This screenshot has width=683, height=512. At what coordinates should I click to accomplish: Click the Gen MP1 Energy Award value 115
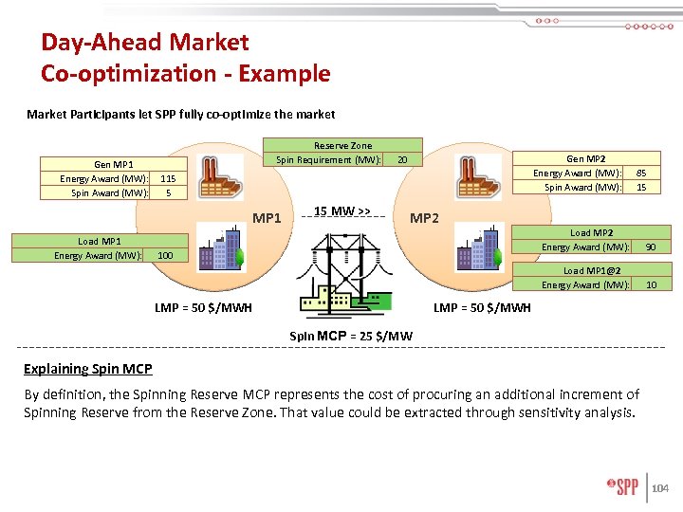(167, 178)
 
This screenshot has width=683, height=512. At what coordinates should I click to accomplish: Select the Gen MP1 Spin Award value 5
(167, 192)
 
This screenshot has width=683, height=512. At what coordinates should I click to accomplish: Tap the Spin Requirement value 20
(403, 159)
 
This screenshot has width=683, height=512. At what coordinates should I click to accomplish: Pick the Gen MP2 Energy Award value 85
(641, 173)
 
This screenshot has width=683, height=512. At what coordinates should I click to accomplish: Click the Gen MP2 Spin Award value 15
(641, 187)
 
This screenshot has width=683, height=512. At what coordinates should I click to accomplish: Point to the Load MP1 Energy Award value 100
(165, 255)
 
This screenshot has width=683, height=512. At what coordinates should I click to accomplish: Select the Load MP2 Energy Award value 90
(650, 247)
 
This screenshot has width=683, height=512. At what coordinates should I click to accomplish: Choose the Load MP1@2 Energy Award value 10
(650, 284)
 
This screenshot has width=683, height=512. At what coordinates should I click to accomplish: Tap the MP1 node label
(268, 219)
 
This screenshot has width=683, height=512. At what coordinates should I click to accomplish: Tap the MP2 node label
(424, 219)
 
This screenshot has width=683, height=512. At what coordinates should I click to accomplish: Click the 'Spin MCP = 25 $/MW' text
(350, 335)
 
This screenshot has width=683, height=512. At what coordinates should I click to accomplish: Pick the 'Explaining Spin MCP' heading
(87, 368)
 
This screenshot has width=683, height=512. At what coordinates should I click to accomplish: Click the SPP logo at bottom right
(622, 488)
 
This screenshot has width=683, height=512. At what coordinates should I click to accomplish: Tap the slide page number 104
(661, 488)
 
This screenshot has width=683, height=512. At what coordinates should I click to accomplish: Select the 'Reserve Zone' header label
(342, 145)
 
